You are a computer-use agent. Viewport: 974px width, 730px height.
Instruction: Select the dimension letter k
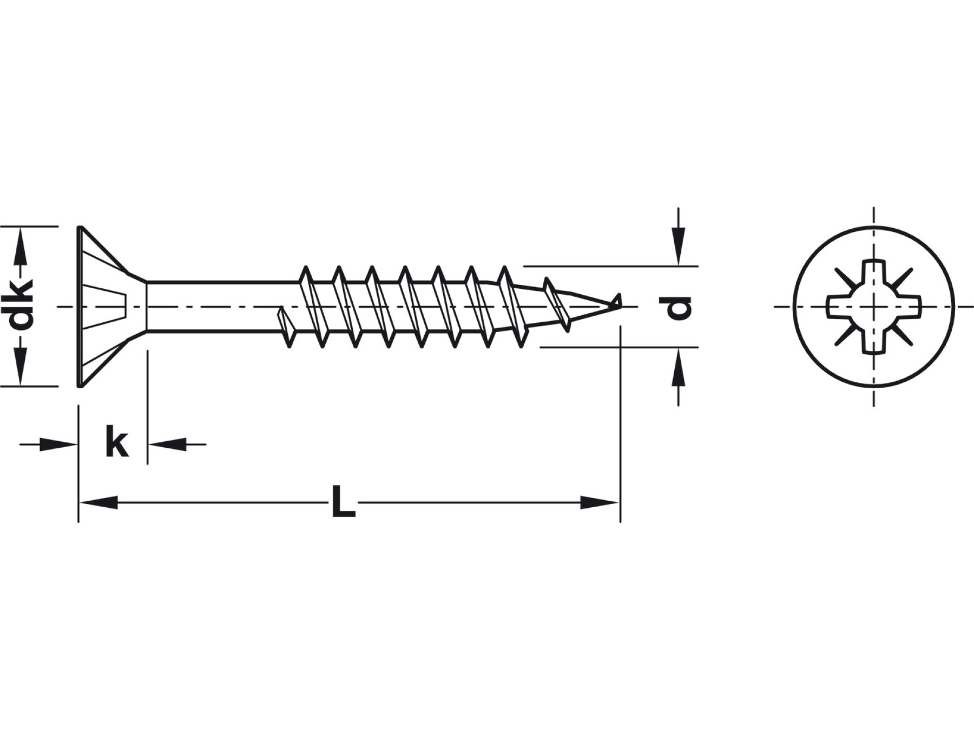pos(117,441)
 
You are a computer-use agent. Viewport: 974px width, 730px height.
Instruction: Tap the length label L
pos(343,502)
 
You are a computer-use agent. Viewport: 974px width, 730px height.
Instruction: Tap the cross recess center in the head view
pos(874,307)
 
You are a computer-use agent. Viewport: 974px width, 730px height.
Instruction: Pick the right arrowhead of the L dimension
pos(600,502)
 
